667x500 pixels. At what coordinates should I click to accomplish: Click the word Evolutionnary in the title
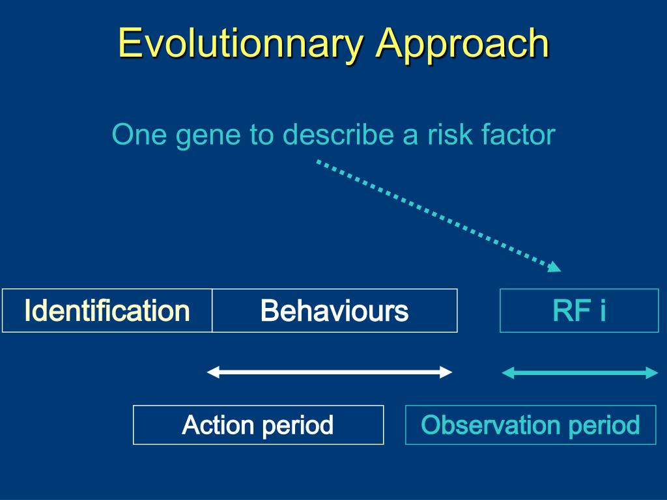tap(240, 44)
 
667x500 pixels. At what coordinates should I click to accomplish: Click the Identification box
tap(107, 311)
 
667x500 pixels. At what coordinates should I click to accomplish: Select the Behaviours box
tap(335, 311)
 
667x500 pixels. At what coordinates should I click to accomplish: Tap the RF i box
tap(579, 311)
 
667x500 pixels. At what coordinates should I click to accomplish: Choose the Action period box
tap(258, 424)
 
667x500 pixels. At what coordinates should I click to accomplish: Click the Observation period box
tap(530, 424)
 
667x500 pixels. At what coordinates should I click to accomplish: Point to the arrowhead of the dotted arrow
tap(555, 267)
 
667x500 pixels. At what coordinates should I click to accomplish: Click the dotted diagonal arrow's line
tap(438, 215)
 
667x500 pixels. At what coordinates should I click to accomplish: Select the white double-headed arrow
tap(329, 372)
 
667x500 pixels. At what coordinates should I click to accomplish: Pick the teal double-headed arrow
tap(580, 373)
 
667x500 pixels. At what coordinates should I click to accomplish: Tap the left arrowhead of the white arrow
tap(213, 372)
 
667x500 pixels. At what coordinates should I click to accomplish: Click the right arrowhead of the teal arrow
tap(652, 373)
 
